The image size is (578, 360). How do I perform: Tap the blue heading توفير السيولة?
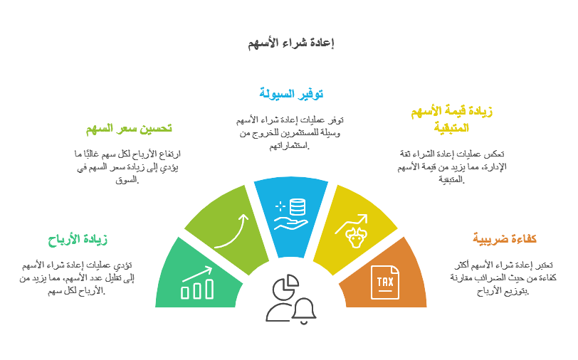pos(290,93)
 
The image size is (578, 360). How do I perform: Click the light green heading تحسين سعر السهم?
pos(129,129)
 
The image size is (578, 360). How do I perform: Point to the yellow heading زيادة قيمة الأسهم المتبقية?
pos(453,119)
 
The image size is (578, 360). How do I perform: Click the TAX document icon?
pos(385,283)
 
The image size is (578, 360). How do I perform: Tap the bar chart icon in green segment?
pos(197,282)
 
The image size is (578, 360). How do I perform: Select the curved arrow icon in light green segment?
pos(231,229)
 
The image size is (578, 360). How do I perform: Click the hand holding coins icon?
pos(290,213)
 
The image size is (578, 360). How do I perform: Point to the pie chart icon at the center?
pos(285,287)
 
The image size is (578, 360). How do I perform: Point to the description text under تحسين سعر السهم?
pos(127,166)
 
